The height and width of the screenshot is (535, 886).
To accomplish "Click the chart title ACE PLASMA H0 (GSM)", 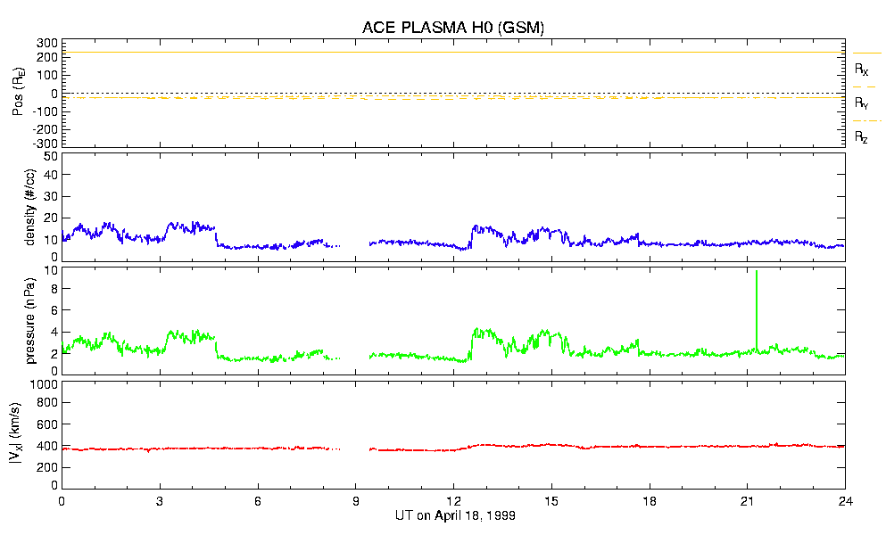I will (452, 28).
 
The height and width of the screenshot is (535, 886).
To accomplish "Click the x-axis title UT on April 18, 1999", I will (454, 516).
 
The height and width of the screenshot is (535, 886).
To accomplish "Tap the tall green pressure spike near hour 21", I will (757, 303).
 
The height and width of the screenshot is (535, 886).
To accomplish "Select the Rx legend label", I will (862, 70).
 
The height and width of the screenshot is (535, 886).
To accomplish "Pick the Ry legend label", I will (862, 103).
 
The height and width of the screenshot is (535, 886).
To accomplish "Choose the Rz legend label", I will (862, 137).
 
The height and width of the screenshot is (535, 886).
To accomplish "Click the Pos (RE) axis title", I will (19, 93).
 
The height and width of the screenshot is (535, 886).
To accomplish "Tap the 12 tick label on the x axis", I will (454, 502).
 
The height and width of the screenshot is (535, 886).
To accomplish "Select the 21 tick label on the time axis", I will (748, 502).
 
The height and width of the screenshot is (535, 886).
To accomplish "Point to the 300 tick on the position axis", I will (46, 43).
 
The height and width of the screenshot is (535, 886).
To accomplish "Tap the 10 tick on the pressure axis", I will (50, 270).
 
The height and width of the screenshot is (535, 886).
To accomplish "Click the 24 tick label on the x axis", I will (845, 502).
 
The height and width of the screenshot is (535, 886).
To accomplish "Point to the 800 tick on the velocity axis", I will (46, 404).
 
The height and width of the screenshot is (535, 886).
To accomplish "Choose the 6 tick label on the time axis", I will (258, 502).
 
